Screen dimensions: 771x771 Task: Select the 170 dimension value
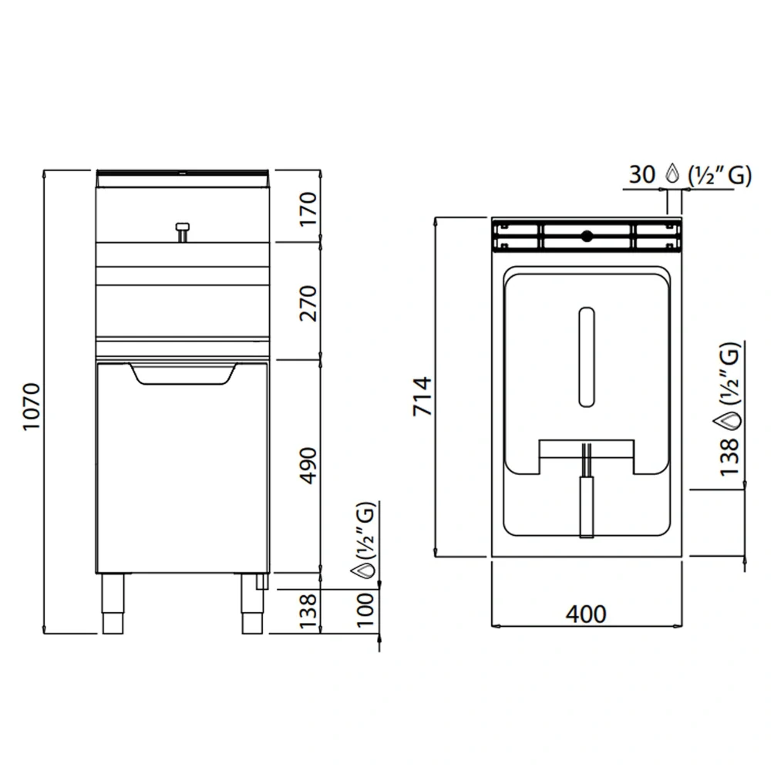coord(307,207)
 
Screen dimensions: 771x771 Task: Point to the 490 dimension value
coord(307,466)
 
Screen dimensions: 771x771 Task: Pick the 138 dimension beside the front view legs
coord(307,611)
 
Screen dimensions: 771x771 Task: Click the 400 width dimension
coord(586,614)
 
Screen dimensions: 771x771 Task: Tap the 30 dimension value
coord(641,175)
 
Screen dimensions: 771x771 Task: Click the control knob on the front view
coord(182,230)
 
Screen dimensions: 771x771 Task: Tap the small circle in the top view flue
coord(586,236)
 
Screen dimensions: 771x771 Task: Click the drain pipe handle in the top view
coord(586,505)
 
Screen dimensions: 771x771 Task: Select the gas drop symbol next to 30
coord(672,174)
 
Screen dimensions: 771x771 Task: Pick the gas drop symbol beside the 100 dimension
coord(363,571)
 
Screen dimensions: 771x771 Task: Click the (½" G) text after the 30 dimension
coord(717,175)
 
